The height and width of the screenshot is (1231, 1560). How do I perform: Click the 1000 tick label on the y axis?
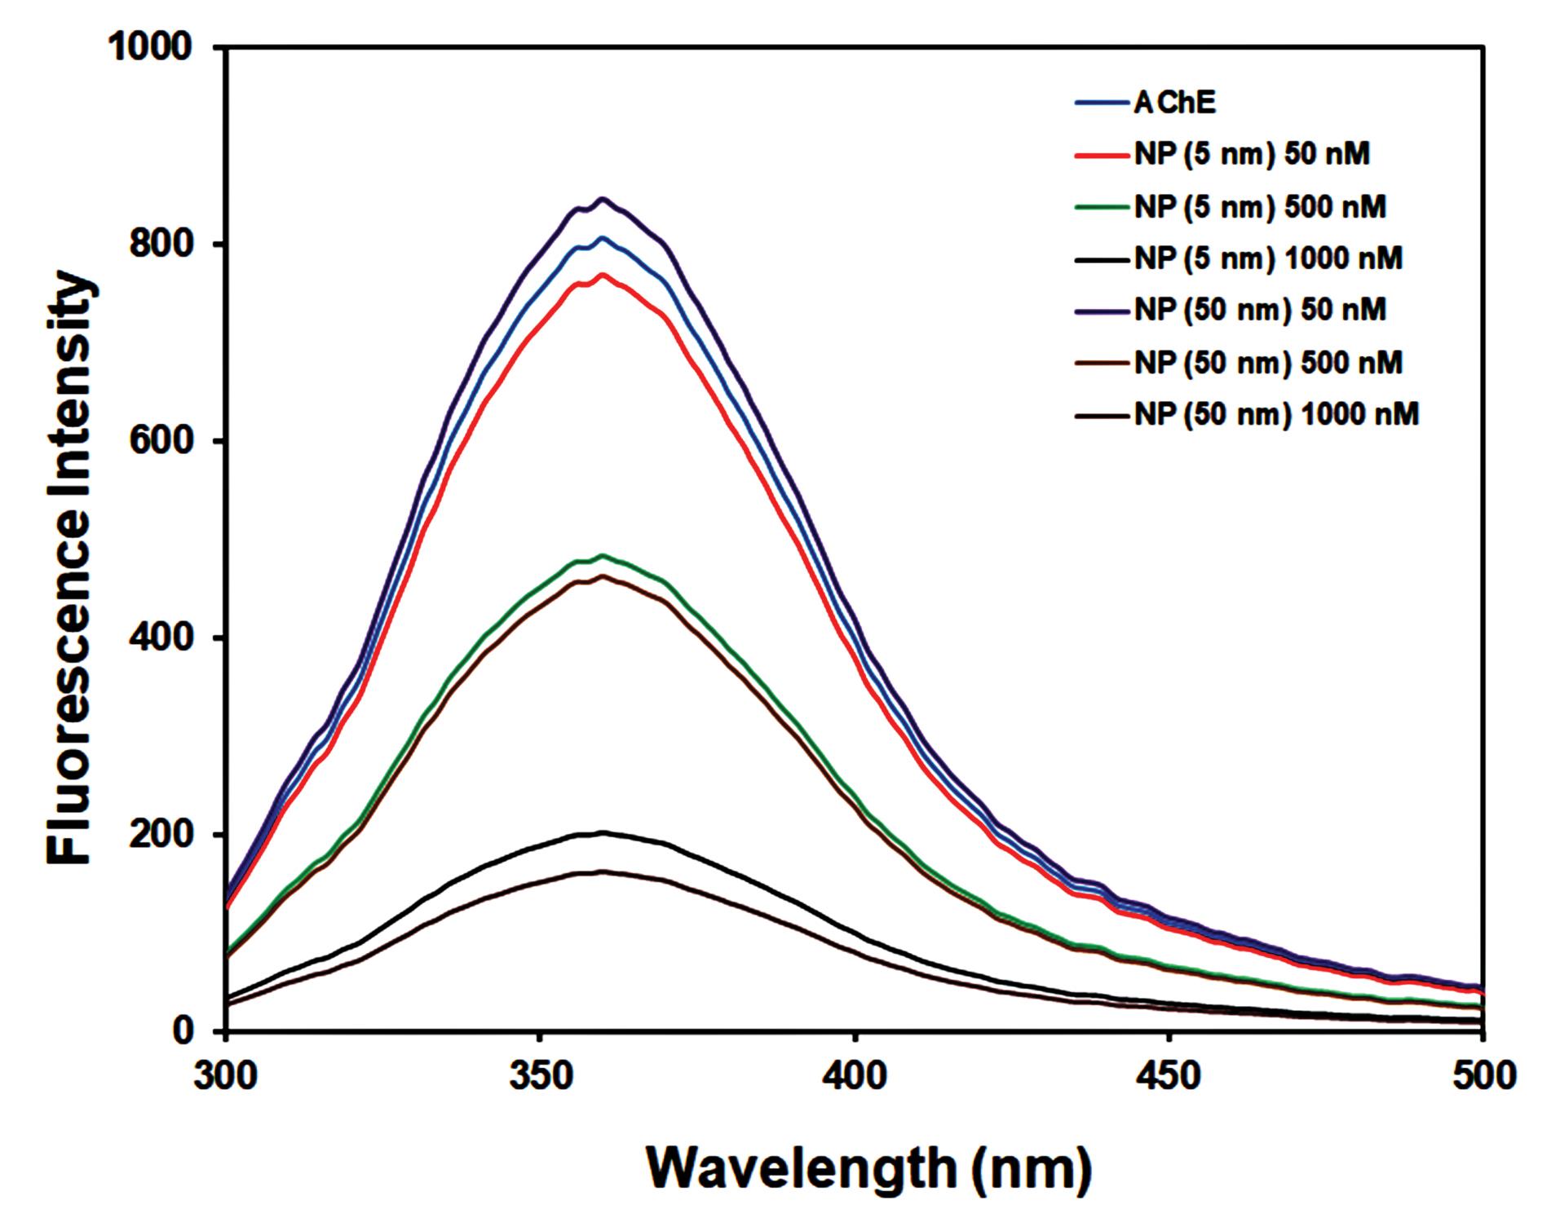[x=151, y=48]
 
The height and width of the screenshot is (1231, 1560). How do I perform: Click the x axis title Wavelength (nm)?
[x=868, y=1170]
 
